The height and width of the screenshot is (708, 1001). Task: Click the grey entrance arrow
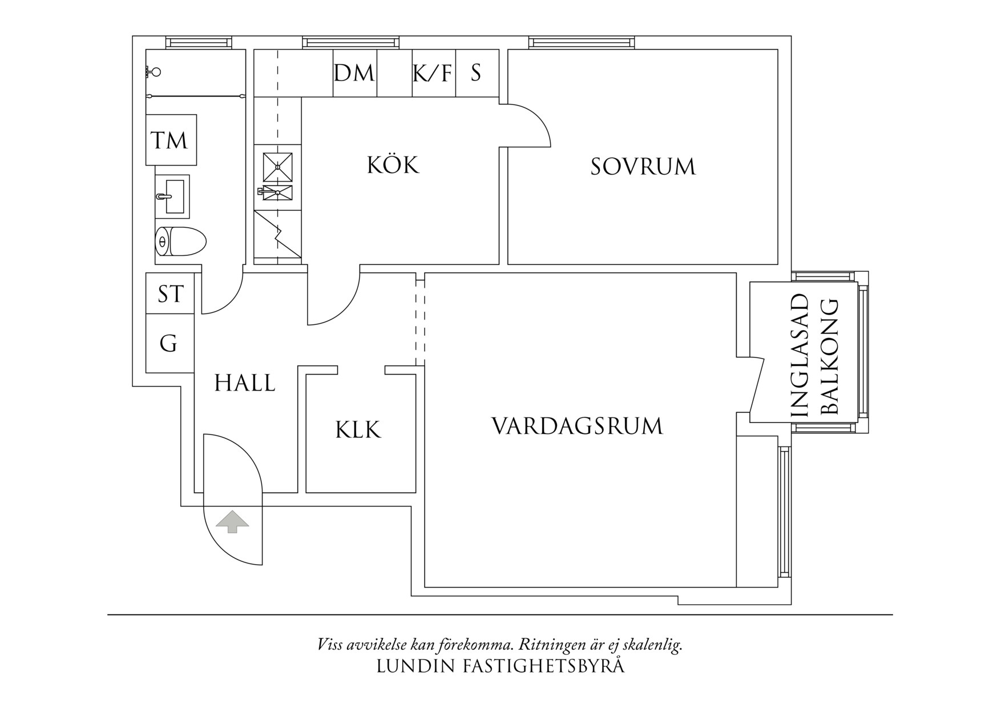coord(232,521)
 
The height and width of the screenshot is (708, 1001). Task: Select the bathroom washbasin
coord(172,196)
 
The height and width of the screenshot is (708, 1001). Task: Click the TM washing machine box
coord(171,140)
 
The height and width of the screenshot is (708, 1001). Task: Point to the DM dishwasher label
coord(354,73)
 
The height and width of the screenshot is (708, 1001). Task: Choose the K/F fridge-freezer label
coord(432,73)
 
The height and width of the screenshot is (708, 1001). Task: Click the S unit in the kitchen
coord(476,73)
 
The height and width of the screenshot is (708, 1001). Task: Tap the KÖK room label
coord(393,166)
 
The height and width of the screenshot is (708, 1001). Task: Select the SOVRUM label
coord(643,167)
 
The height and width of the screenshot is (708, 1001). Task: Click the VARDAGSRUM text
coord(577,427)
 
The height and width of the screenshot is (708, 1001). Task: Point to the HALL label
coord(245,383)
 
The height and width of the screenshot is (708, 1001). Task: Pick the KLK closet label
coord(358,430)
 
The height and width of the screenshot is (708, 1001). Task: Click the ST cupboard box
coord(170,294)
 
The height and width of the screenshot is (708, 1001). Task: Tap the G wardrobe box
coord(168,344)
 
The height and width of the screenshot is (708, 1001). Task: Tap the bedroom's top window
coord(581,42)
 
